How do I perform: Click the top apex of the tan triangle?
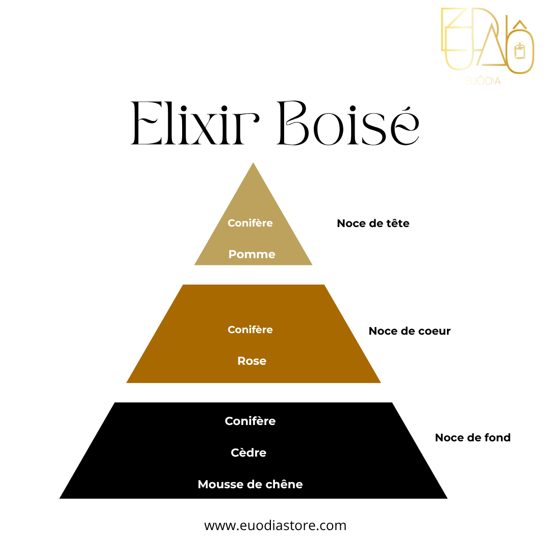point(253,163)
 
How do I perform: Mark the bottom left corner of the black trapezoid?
point(59,498)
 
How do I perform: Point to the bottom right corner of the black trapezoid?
point(447,498)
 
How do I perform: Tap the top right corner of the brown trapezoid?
point(324,285)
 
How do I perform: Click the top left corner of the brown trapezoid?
point(183,285)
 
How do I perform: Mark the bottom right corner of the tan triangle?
point(312,265)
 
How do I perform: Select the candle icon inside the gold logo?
point(520,50)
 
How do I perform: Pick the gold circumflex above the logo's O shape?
point(520,24)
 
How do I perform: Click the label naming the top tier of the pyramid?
point(373,223)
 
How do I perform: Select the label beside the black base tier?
point(472,438)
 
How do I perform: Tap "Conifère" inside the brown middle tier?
point(250,330)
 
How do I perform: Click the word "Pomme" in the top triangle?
point(252,254)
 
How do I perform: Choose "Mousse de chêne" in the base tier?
point(250,484)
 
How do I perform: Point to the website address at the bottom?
point(275,525)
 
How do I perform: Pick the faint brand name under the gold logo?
point(483,81)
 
